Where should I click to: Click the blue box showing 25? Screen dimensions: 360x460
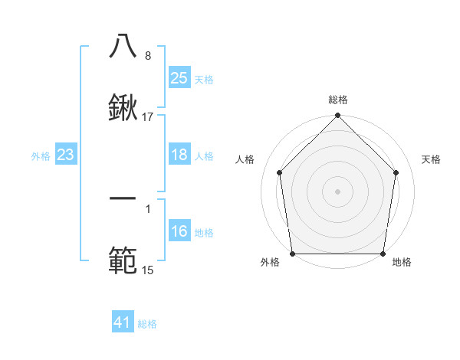tap(179, 78)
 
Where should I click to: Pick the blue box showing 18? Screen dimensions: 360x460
tap(179, 155)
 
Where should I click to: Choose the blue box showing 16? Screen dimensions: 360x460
tap(179, 232)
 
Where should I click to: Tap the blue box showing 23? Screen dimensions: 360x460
tap(66, 155)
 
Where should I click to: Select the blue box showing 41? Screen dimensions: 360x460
tap(123, 323)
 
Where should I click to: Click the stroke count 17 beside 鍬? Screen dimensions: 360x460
tap(148, 117)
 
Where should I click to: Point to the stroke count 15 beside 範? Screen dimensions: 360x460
tap(147, 270)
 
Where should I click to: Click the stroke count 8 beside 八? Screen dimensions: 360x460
tap(147, 55)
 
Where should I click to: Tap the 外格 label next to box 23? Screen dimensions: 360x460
tap(41, 155)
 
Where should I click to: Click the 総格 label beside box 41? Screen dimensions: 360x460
tap(148, 324)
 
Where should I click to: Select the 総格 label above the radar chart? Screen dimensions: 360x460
tap(338, 100)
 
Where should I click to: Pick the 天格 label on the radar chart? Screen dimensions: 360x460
tap(431, 159)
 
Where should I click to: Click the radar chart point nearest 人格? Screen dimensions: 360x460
tap(280, 172)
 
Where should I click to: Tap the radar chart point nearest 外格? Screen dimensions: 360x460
tap(292, 254)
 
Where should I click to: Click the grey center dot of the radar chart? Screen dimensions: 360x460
tap(338, 191)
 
